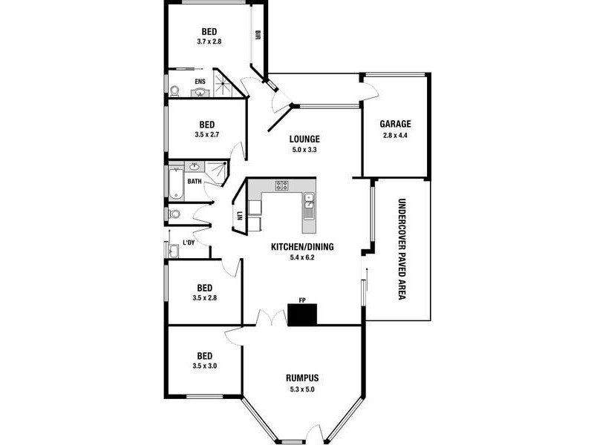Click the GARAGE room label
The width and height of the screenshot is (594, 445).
coord(395,124)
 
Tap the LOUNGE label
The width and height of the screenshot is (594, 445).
coord(304,138)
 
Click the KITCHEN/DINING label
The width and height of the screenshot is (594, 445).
coord(301,247)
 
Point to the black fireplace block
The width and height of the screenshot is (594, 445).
coord(302,315)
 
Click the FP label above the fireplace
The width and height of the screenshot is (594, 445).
coord(302,300)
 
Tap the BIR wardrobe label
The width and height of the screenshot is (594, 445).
coord(258,35)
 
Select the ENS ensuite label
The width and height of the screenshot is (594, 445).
coord(200,82)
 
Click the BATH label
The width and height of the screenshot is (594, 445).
coord(194,181)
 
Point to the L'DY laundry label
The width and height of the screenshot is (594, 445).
coord(189,243)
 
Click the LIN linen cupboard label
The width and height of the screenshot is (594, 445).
coord(240,216)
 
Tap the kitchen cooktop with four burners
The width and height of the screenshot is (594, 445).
coord(282,185)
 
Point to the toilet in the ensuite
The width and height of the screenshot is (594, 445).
coord(174,91)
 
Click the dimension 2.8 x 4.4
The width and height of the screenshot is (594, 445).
coord(395,136)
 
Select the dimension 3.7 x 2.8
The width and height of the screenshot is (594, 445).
coord(209,42)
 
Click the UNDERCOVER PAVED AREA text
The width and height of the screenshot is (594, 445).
coord(401,248)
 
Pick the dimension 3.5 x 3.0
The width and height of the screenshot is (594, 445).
coord(204,366)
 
